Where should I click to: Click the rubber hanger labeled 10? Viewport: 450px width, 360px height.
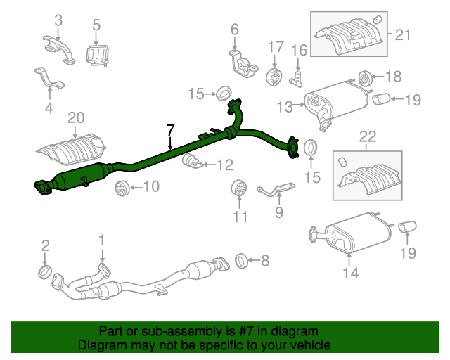point(120,187)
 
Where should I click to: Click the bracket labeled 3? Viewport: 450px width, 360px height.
point(58,47)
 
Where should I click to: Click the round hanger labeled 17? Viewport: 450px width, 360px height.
point(274,75)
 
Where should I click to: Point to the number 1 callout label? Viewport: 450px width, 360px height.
point(101,240)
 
